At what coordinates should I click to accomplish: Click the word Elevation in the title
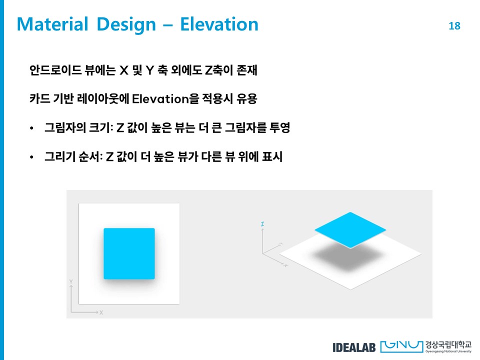pos(219,24)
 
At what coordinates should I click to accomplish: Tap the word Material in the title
pos(52,24)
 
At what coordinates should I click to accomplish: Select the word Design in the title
pos(126,25)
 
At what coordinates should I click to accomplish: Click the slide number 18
pos(454,26)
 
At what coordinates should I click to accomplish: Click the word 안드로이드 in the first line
pos(55,70)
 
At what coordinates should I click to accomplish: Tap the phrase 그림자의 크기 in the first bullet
pos(78,127)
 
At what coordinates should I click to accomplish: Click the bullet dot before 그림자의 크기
pos(31,128)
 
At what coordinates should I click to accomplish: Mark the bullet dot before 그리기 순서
pos(31,157)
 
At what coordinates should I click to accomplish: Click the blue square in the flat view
pos(129,253)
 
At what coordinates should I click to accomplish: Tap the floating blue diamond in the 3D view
pos(350,230)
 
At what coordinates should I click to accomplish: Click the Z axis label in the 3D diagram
pos(262,224)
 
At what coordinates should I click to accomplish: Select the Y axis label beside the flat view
pos(71,281)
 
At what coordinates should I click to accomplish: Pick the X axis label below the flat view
pos(101,312)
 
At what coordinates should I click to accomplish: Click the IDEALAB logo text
pos(354,347)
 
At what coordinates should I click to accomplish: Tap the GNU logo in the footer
pos(401,346)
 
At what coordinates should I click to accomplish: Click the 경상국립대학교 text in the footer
pos(448,345)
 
